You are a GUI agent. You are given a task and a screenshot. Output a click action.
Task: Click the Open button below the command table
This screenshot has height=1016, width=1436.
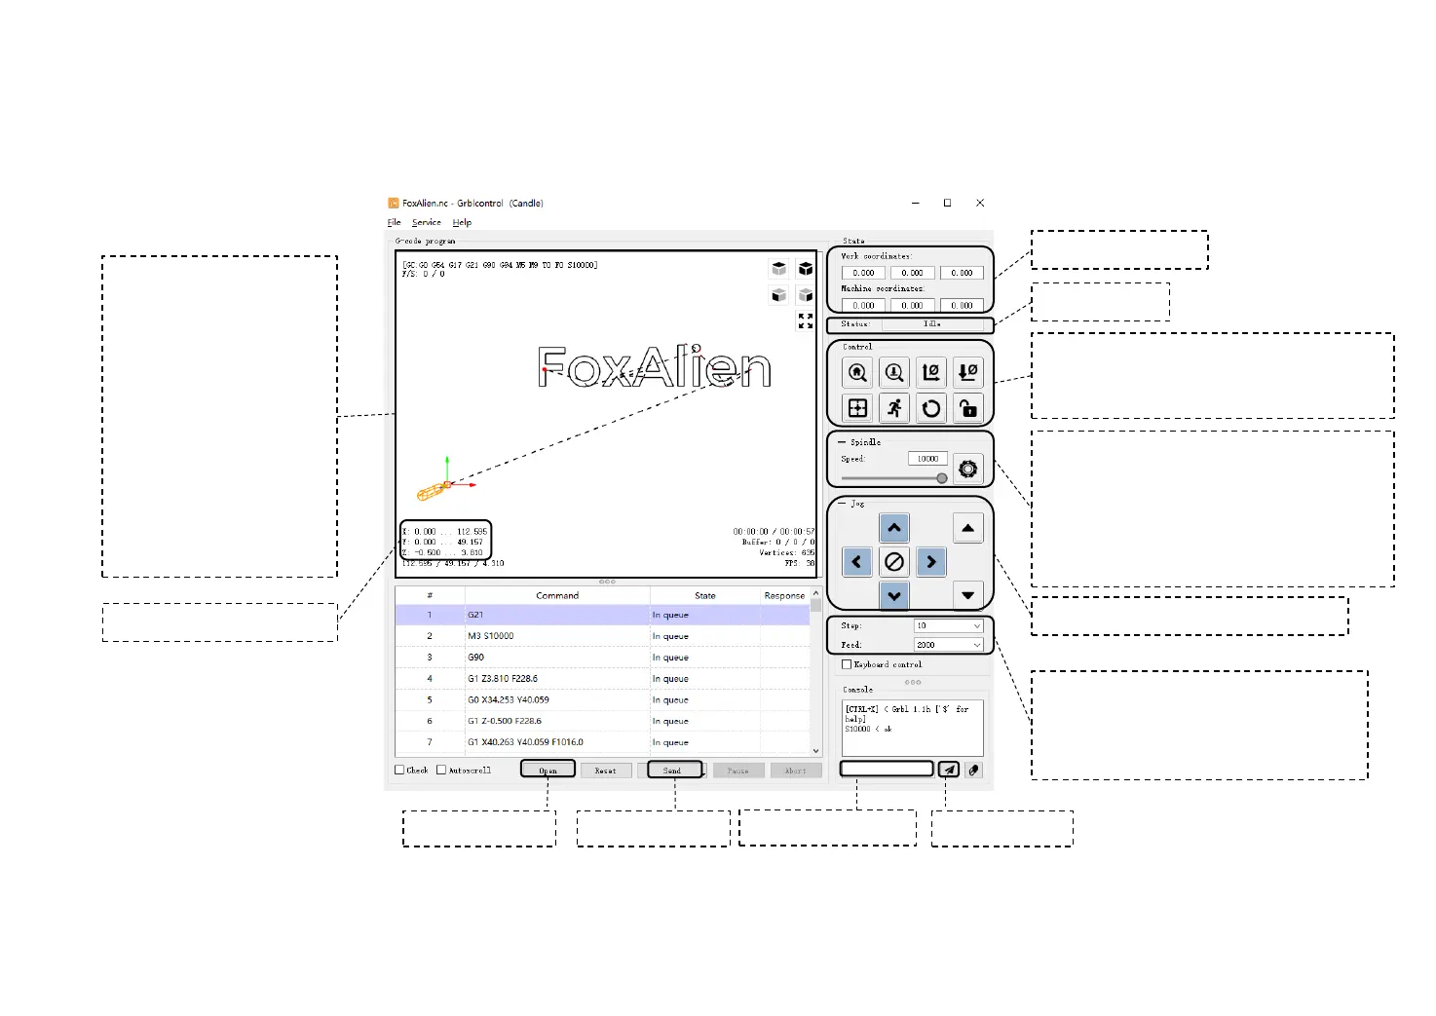click(548, 770)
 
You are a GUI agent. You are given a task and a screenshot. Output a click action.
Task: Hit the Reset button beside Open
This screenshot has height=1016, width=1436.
click(605, 770)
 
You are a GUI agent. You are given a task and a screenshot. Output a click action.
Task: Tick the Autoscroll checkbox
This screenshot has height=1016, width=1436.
click(441, 770)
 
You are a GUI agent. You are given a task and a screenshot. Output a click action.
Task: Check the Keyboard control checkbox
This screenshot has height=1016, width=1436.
click(847, 664)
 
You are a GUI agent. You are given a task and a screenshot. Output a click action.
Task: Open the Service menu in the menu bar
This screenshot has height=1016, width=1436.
click(426, 222)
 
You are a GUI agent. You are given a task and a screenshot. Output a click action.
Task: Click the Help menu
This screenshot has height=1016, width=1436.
click(462, 222)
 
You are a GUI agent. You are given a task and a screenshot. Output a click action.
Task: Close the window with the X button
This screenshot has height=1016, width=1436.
click(980, 203)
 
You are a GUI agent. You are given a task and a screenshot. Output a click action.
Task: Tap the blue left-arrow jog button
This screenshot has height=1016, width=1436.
click(856, 562)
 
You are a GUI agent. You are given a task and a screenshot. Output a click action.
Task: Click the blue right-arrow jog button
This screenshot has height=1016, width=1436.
click(931, 562)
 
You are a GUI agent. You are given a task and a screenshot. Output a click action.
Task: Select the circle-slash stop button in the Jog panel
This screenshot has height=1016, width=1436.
click(894, 562)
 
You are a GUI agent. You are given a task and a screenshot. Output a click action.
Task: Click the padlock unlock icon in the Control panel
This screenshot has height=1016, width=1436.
click(967, 408)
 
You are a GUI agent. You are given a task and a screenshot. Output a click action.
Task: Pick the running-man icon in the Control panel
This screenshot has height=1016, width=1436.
click(894, 408)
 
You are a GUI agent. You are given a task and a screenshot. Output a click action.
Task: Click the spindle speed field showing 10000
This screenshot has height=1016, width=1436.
click(926, 459)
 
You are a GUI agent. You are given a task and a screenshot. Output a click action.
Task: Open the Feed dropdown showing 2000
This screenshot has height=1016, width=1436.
click(948, 645)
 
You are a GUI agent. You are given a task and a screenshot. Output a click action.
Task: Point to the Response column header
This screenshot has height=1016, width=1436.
click(784, 595)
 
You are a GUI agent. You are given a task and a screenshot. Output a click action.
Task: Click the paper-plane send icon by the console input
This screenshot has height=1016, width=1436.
click(949, 770)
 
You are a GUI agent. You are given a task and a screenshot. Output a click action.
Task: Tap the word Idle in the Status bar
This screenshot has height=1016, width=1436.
click(931, 324)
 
